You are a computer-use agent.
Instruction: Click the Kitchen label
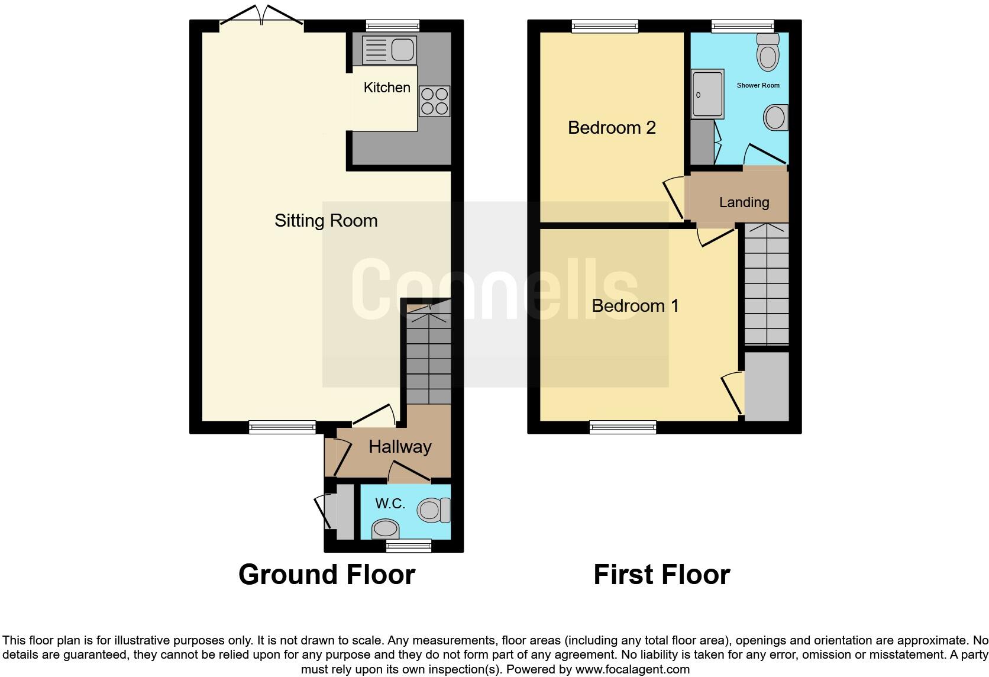(387, 88)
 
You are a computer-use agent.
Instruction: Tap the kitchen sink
(389, 50)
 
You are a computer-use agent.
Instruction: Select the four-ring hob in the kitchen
(434, 101)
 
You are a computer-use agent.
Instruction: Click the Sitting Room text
(326, 221)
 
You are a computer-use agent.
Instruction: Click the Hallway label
(400, 447)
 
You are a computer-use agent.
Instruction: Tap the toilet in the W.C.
(434, 510)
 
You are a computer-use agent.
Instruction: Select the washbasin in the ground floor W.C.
(386, 528)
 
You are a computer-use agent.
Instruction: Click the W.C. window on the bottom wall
(408, 546)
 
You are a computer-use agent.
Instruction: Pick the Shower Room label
(758, 85)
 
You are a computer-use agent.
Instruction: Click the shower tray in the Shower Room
(707, 94)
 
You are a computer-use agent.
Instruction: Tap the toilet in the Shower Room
(768, 52)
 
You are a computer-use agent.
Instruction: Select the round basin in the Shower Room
(775, 118)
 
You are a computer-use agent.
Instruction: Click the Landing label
(744, 202)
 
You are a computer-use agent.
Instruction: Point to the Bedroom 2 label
(612, 128)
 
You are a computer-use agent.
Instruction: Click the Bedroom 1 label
(635, 306)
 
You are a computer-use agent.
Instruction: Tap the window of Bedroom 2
(605, 25)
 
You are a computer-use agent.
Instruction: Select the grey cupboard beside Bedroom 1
(767, 386)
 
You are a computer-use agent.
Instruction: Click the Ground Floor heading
(327, 575)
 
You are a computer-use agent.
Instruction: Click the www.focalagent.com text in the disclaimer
(632, 669)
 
